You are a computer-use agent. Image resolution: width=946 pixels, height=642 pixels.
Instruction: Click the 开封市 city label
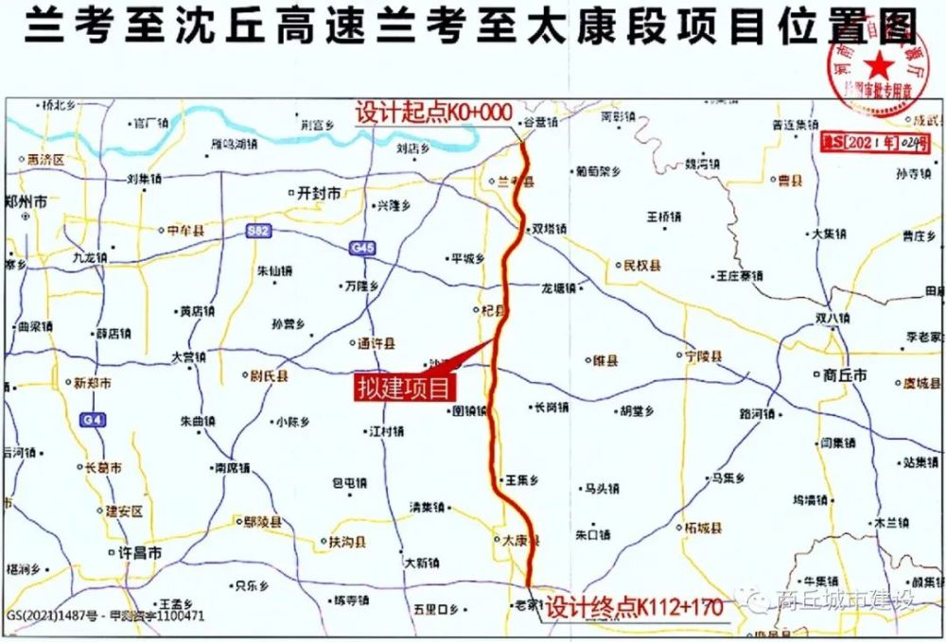click(x=318, y=192)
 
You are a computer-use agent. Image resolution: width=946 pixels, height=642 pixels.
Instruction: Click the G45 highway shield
click(x=362, y=248)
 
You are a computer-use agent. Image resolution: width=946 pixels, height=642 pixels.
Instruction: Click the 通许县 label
click(x=377, y=343)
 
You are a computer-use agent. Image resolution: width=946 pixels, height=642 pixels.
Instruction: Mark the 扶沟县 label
click(x=347, y=543)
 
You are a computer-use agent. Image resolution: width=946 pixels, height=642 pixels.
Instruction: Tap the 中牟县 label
click(x=185, y=231)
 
